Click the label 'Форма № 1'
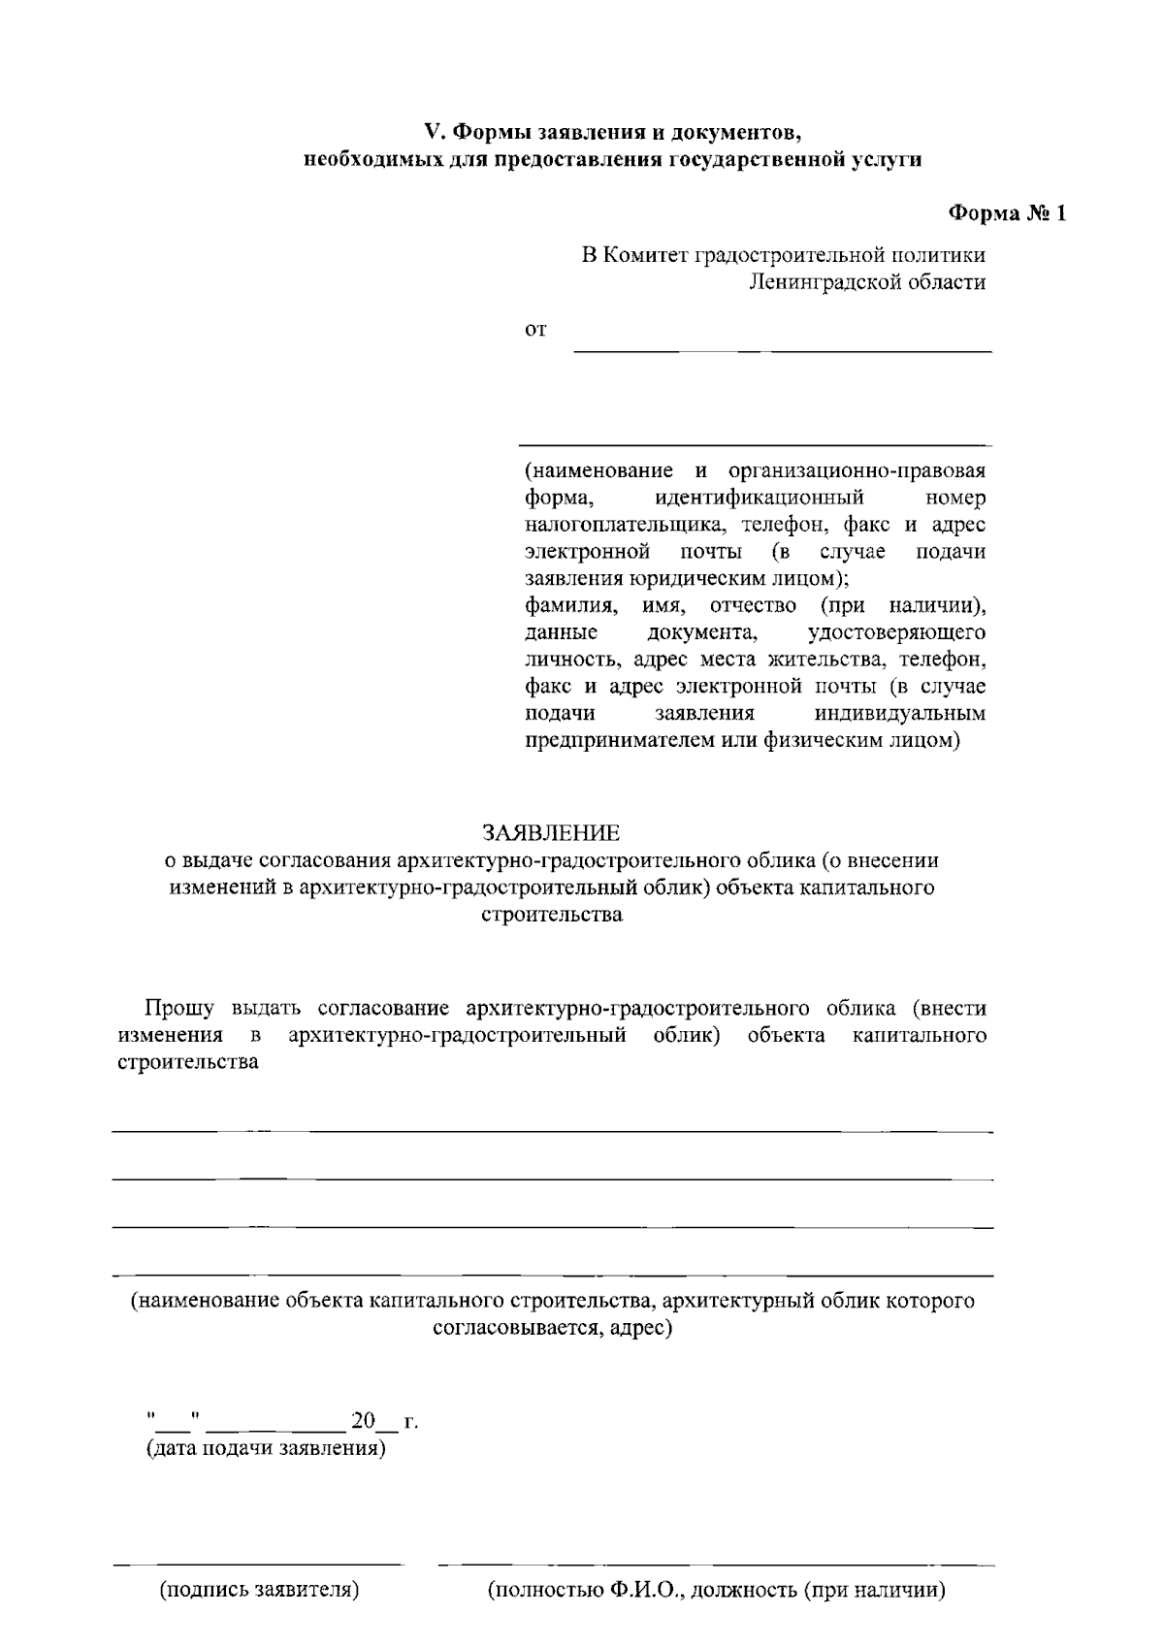[x=1006, y=213]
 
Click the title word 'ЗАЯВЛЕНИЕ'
[x=551, y=833]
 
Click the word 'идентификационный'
[x=760, y=499]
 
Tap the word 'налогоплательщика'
[x=629, y=526]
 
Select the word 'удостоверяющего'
[x=896, y=633]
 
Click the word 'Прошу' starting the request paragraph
[x=179, y=1008]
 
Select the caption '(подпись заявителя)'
[x=260, y=1590]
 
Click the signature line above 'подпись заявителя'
[x=258, y=1564]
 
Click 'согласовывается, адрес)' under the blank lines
[x=552, y=1328]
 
